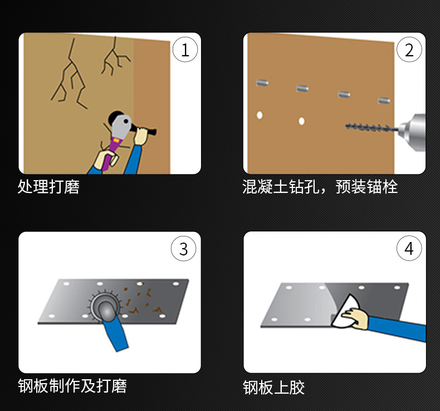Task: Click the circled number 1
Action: tap(185, 50)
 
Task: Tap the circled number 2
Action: tap(409, 50)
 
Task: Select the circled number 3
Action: tap(184, 248)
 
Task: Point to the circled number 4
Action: tap(409, 248)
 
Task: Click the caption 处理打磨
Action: tap(48, 186)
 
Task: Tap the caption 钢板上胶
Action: tap(273, 388)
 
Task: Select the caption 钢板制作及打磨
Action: tap(72, 385)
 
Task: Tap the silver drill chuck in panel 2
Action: tap(412, 132)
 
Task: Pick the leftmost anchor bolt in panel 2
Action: tap(262, 83)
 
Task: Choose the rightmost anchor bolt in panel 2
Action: tap(384, 100)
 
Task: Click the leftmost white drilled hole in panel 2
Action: tap(260, 115)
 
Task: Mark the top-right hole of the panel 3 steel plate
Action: tap(176, 284)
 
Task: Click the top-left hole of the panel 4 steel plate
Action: tap(289, 287)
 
